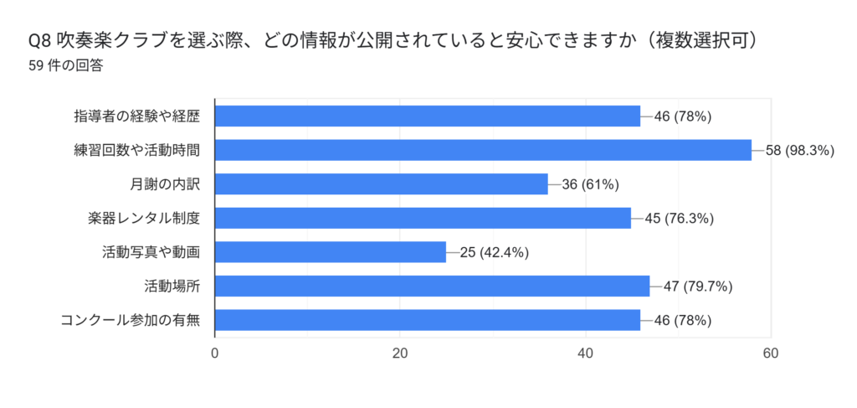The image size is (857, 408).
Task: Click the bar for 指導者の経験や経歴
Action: click(x=427, y=116)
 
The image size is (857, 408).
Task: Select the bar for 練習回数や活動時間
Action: click(x=483, y=150)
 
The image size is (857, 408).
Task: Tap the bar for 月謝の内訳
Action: click(x=381, y=184)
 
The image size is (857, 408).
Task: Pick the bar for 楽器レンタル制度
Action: click(x=423, y=218)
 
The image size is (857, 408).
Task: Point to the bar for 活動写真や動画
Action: click(x=331, y=252)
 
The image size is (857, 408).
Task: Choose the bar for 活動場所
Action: click(x=432, y=286)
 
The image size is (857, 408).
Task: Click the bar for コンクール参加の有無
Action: click(x=427, y=320)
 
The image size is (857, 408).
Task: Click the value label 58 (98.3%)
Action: click(x=801, y=151)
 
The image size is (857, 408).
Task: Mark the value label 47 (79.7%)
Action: click(x=698, y=287)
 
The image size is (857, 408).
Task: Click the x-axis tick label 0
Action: click(x=215, y=354)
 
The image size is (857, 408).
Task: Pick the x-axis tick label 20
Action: click(x=400, y=354)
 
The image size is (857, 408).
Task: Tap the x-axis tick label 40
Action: click(x=586, y=354)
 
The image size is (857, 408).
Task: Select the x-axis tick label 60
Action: click(x=771, y=354)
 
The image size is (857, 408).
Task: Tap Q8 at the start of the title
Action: click(x=39, y=41)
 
